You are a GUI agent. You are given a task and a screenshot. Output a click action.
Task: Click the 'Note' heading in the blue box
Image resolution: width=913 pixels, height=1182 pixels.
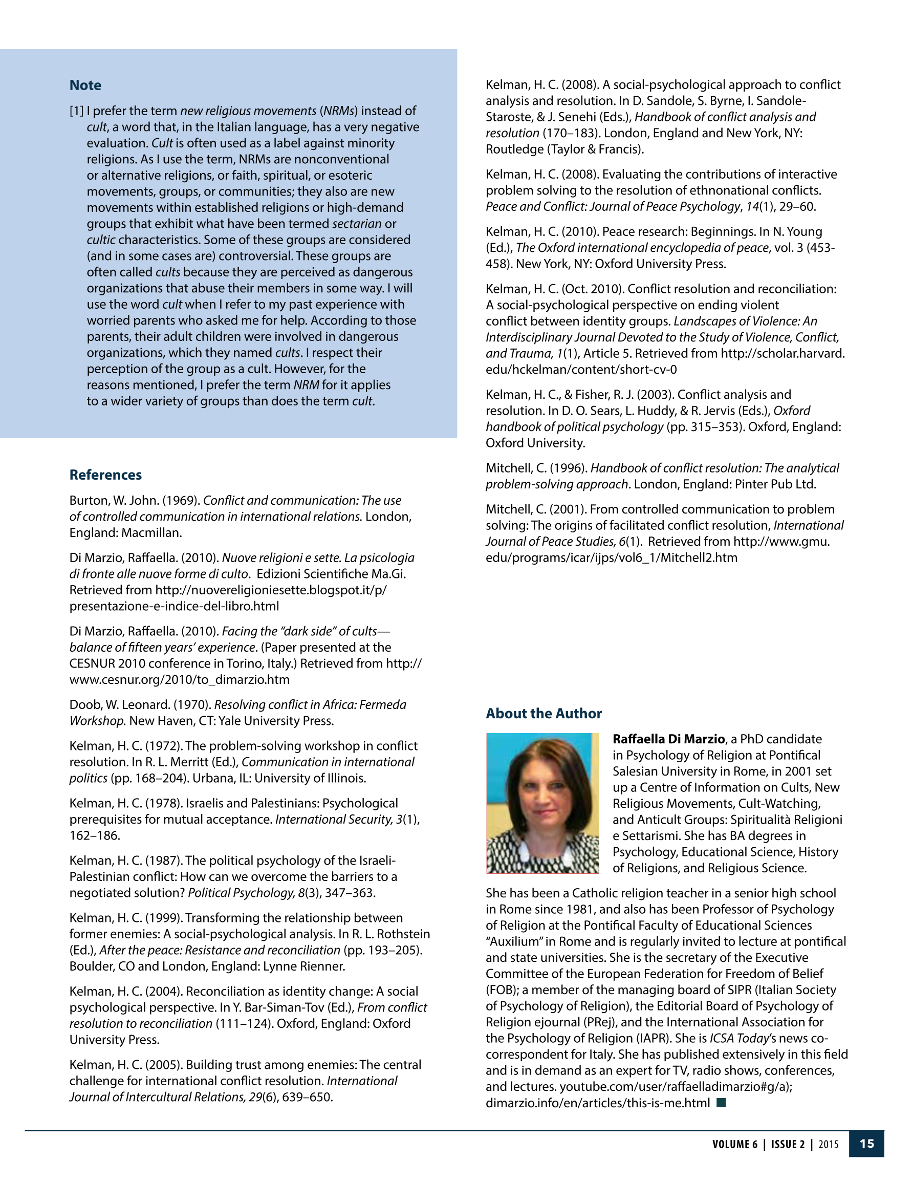[85, 85]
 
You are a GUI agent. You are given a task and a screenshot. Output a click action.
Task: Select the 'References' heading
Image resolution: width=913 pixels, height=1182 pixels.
[105, 475]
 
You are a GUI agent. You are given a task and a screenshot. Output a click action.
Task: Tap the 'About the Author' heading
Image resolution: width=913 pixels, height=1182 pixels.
[544, 713]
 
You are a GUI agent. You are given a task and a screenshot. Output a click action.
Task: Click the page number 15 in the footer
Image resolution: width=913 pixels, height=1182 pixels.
[866, 1144]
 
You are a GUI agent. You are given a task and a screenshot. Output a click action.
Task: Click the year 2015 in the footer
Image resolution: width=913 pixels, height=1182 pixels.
[828, 1144]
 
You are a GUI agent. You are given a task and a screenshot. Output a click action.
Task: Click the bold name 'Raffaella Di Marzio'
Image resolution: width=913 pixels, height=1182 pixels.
[668, 739]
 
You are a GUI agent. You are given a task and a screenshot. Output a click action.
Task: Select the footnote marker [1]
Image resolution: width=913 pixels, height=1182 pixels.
[76, 111]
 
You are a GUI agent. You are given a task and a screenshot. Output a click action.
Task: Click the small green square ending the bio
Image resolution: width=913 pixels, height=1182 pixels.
[721, 1103]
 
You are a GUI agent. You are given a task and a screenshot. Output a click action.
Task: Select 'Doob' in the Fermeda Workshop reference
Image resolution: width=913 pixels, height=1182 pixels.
[84, 705]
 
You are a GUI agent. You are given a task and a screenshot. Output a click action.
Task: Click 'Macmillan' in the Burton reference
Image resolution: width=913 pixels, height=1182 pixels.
[151, 532]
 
